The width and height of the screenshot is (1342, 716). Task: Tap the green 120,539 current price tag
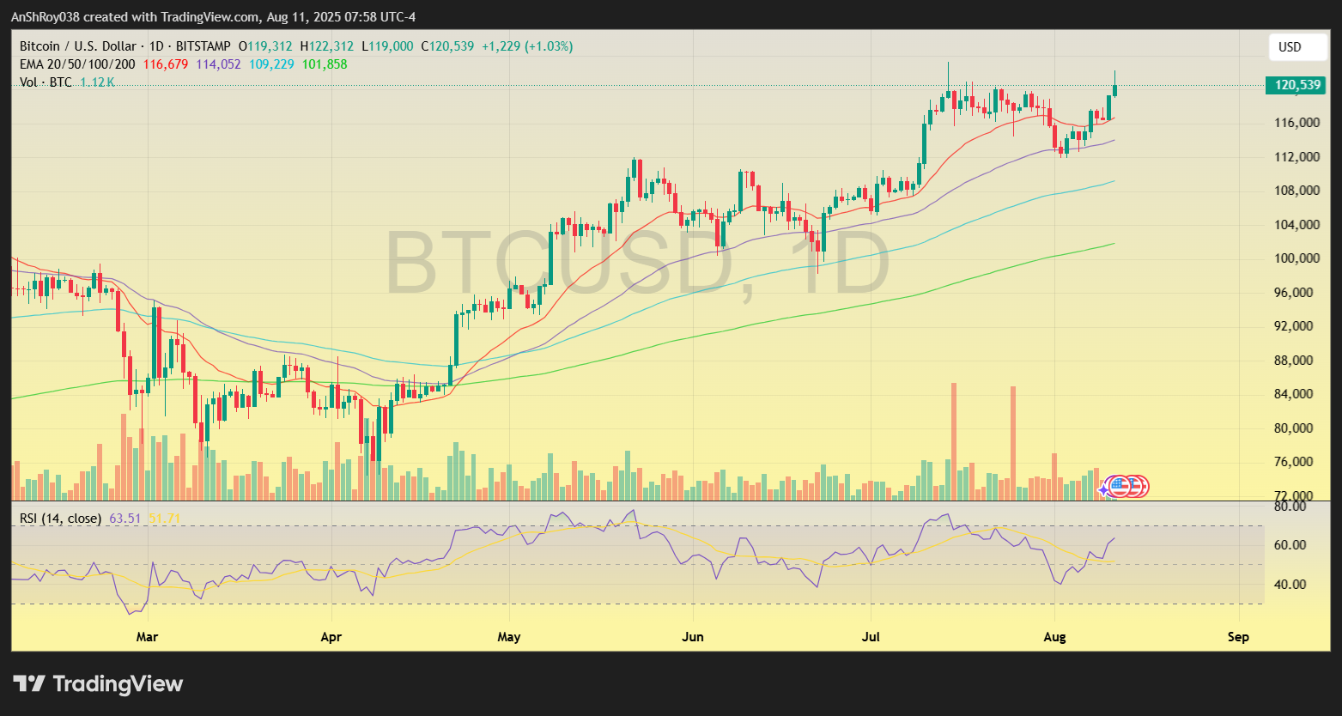pyautogui.click(x=1296, y=85)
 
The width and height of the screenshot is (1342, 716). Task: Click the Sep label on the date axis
pyautogui.click(x=1238, y=637)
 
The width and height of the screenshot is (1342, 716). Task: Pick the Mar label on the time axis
pyautogui.click(x=148, y=637)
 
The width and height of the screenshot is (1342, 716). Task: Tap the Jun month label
pyautogui.click(x=692, y=637)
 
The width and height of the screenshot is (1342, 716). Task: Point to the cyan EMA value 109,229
pyautogui.click(x=271, y=64)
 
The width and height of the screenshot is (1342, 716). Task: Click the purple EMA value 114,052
pyautogui.click(x=219, y=64)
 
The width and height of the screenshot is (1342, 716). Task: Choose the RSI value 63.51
pyautogui.click(x=125, y=519)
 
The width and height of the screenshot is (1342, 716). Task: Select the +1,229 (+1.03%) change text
pyautogui.click(x=527, y=46)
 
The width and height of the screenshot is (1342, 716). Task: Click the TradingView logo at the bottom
pyautogui.click(x=98, y=684)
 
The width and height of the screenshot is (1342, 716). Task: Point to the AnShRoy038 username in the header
pyautogui.click(x=46, y=17)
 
